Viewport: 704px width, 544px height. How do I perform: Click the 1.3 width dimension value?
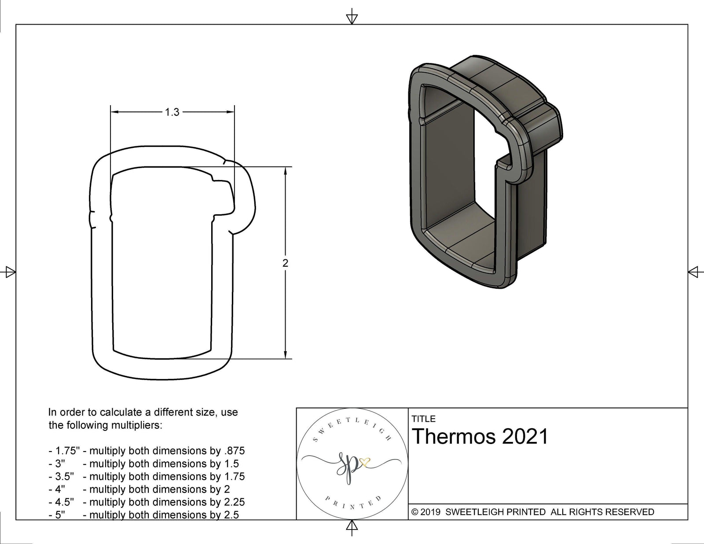coord(172,113)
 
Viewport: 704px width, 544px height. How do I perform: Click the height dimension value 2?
coord(286,263)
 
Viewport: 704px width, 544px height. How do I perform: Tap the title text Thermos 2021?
coord(480,437)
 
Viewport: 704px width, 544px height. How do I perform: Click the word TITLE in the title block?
coord(424,419)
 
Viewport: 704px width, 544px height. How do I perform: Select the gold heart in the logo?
coord(365,462)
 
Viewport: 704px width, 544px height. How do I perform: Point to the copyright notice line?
coord(532,512)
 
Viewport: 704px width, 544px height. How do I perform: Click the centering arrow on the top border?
coord(352,18)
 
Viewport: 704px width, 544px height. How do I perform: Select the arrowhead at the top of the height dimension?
coord(286,172)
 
